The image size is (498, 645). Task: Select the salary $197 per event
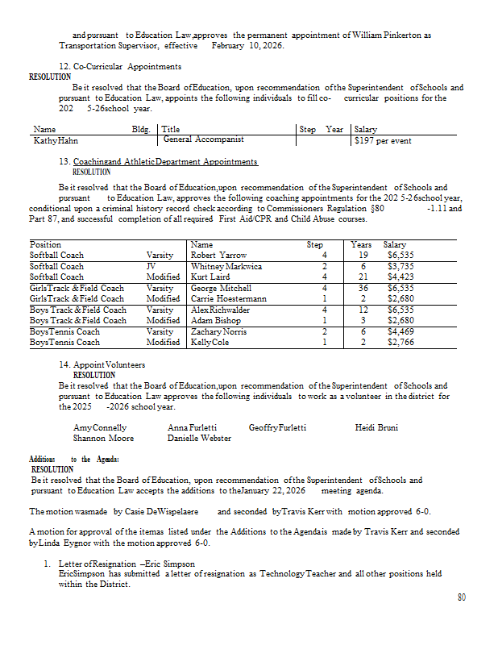pyautogui.click(x=383, y=141)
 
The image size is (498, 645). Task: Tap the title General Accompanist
pyautogui.click(x=197, y=139)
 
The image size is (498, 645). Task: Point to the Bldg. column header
pyautogui.click(x=141, y=129)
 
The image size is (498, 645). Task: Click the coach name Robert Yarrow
pyautogui.click(x=219, y=256)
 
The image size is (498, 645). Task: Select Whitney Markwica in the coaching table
pyautogui.click(x=226, y=266)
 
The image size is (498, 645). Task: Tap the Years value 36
pyautogui.click(x=363, y=288)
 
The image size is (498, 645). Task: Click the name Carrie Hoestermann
pyautogui.click(x=229, y=299)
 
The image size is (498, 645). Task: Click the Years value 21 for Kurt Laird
pyautogui.click(x=363, y=277)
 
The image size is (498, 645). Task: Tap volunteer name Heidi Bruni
pyautogui.click(x=376, y=427)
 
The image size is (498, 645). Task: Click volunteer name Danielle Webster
pyautogui.click(x=199, y=439)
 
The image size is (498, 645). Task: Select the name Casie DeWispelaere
pyautogui.click(x=171, y=511)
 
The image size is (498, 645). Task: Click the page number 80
pyautogui.click(x=462, y=597)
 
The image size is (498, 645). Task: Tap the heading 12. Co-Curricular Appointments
pyautogui.click(x=120, y=66)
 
